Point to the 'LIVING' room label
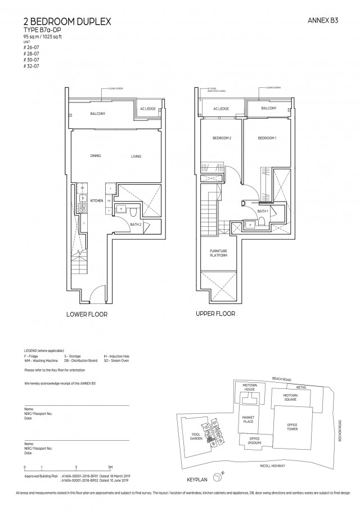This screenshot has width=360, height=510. point(137,156)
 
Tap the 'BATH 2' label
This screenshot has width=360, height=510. point(135,224)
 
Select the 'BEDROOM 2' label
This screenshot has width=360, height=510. point(218,138)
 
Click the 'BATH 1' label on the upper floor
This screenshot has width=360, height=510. point(262,211)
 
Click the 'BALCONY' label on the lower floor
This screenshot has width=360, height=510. point(98,114)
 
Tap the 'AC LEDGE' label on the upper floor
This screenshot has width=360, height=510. point(220,109)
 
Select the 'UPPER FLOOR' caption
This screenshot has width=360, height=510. point(215,314)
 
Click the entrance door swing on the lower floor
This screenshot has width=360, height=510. point(99,293)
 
